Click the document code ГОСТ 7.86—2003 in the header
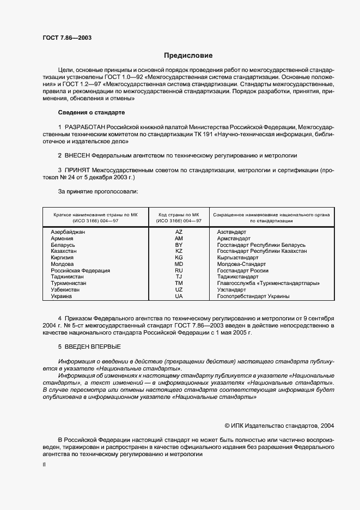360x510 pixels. click(x=67, y=38)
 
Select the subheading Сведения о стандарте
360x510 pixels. click(x=91, y=112)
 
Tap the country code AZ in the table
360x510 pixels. click(x=179, y=232)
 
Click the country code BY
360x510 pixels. click(x=179, y=245)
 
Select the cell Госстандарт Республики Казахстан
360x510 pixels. click(x=261, y=251)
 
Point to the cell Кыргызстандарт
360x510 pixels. click(x=238, y=258)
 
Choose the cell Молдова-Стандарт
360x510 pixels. click(x=240, y=264)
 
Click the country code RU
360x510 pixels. click(x=179, y=271)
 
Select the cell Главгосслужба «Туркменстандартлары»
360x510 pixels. click(x=268, y=283)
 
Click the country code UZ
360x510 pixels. click(x=179, y=290)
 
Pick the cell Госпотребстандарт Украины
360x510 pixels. click(x=253, y=296)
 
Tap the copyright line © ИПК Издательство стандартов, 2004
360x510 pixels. click(x=279, y=425)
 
